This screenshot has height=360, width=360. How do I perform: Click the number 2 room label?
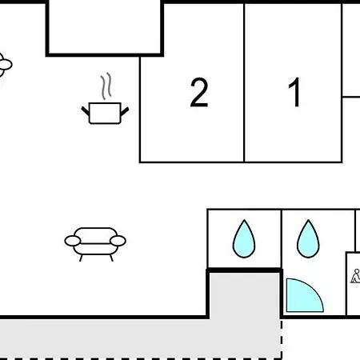tap(199, 92)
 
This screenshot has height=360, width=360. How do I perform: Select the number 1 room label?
tap(294, 92)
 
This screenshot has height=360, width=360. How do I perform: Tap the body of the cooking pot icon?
tap(105, 114)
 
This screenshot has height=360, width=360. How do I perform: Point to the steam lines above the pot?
tap(106, 86)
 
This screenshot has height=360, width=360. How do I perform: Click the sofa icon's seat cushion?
tap(95, 249)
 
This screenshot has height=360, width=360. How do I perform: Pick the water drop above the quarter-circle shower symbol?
tap(308, 238)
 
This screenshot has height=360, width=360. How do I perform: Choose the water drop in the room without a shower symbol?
tap(244, 238)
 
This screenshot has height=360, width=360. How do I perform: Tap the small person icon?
tap(356, 276)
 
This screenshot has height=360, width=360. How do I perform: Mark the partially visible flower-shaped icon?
tap(4, 65)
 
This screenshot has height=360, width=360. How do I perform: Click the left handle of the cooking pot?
tap(86, 111)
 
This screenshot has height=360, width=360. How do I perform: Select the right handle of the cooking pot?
tap(125, 111)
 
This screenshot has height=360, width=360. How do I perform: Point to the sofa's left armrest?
tap(73, 241)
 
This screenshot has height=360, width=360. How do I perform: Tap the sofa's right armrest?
tap(118, 241)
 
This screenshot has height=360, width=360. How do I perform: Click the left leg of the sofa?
tap(81, 258)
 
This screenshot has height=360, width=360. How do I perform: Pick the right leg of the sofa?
tap(111, 258)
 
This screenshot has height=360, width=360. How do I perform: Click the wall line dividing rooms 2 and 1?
tap(244, 82)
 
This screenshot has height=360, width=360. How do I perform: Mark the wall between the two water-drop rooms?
tap(282, 239)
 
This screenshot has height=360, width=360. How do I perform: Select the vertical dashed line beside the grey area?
tap(282, 338)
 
